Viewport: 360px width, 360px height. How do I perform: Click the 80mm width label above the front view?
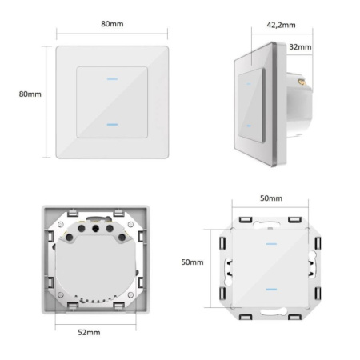112,24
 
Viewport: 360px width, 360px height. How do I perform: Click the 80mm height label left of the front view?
30,94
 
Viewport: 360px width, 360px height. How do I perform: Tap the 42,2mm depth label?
281,25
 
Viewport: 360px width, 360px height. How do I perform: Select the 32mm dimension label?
300,47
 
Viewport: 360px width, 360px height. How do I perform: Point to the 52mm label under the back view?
89,333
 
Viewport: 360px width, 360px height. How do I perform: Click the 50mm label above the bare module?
271,198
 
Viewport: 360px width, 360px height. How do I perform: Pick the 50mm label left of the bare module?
192,262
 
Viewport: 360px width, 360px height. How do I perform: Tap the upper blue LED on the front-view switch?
112,79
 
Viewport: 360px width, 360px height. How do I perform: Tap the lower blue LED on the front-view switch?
112,125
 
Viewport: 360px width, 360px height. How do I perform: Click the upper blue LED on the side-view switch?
249,84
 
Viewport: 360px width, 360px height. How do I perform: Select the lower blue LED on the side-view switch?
249,126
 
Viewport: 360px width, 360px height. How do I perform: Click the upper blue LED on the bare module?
271,244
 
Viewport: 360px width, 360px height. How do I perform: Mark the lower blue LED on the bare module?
271,290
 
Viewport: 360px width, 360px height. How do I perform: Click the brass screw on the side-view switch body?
301,82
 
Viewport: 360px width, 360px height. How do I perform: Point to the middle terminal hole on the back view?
95,228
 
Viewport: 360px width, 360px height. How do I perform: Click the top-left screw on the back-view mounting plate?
61,224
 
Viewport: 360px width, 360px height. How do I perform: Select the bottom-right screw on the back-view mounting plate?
130,294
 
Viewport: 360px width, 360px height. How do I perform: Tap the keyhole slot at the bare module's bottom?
274,311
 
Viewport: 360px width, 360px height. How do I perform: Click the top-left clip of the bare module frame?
246,220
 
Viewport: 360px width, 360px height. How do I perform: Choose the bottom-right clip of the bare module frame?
294,317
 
